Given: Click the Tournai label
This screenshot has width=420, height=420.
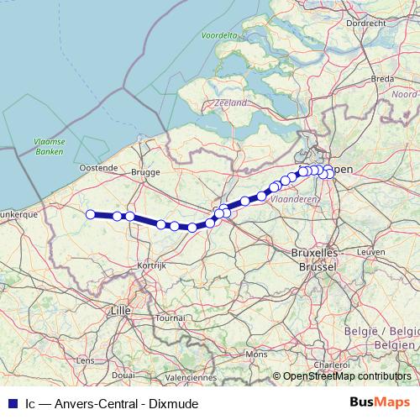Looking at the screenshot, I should (170, 318).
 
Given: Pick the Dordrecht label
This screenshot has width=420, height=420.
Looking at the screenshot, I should (365, 24).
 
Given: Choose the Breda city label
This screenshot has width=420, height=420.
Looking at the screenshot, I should (382, 78).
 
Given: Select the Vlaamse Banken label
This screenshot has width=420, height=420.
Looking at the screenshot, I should (50, 147).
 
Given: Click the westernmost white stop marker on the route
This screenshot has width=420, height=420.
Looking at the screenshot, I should (90, 214).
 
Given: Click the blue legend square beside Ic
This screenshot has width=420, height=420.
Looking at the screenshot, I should (11, 403).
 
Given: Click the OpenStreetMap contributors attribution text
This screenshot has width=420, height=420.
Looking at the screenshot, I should (346, 377).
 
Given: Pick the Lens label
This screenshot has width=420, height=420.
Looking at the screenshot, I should (86, 360).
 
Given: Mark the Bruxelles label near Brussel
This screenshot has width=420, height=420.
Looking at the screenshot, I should (312, 253).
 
